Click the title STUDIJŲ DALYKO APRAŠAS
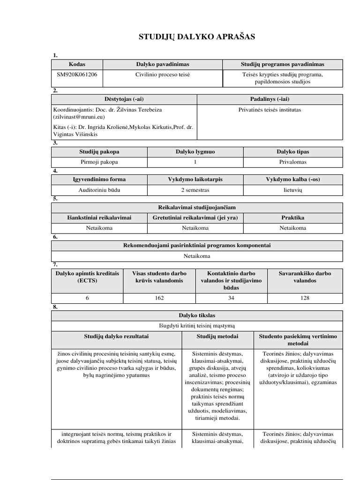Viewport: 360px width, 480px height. pos(197,37)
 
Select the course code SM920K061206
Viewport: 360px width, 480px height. pos(77,74)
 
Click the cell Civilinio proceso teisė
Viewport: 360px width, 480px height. pos(163,74)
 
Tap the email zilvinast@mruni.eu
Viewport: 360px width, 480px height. pos(79,117)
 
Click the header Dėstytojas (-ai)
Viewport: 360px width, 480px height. pos(124,99)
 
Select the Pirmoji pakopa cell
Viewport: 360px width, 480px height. pos(99,162)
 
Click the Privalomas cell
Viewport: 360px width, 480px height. pos(293,162)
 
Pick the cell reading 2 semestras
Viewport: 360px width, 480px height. pos(195,190)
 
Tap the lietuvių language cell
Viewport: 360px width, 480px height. pos(293,190)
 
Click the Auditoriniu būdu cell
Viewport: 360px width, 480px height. pos(99,190)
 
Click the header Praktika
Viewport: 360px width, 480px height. pos(293,217)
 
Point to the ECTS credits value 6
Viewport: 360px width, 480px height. pos(87,298)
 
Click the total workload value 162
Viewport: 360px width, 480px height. pos(159,298)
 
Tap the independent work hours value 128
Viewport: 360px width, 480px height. pos(304,298)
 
